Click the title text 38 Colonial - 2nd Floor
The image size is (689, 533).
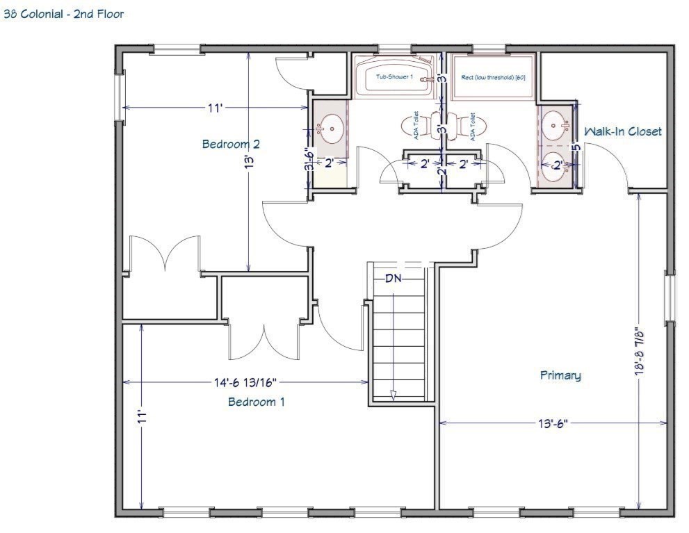click(64, 14)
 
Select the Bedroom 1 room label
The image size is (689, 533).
click(256, 402)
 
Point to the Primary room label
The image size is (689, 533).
click(560, 375)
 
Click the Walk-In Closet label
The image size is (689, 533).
click(622, 131)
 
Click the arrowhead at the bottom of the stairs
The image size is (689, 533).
click(393, 395)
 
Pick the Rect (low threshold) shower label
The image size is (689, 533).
click(493, 77)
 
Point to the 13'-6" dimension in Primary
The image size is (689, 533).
click(553, 422)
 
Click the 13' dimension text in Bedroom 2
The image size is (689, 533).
click(249, 161)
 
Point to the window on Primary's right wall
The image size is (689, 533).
click(669, 297)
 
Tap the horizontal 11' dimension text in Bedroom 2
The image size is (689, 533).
click(214, 108)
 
